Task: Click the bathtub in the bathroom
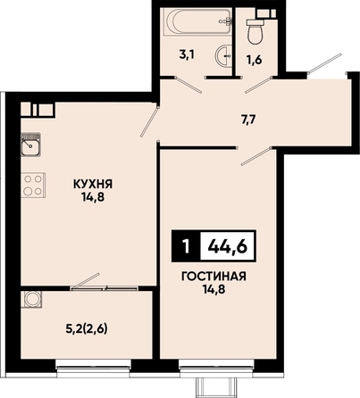click(x=199, y=21)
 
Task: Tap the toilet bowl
click(x=255, y=31)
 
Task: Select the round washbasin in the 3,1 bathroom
click(x=223, y=54)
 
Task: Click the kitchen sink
click(x=30, y=145)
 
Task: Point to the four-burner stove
click(x=33, y=185)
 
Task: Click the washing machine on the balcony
click(x=31, y=299)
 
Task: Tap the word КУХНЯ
click(x=93, y=185)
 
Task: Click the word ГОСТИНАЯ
click(x=213, y=277)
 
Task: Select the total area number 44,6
click(x=228, y=246)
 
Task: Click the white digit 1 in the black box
click(x=187, y=246)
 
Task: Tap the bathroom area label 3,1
click(x=187, y=55)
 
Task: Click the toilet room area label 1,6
click(x=254, y=60)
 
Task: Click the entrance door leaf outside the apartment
click(x=324, y=62)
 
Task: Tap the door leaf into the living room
click(x=256, y=156)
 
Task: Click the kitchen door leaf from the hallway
click(x=148, y=120)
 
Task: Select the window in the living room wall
click(x=216, y=363)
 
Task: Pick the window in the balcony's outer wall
click(x=94, y=363)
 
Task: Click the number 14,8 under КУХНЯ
click(x=94, y=197)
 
